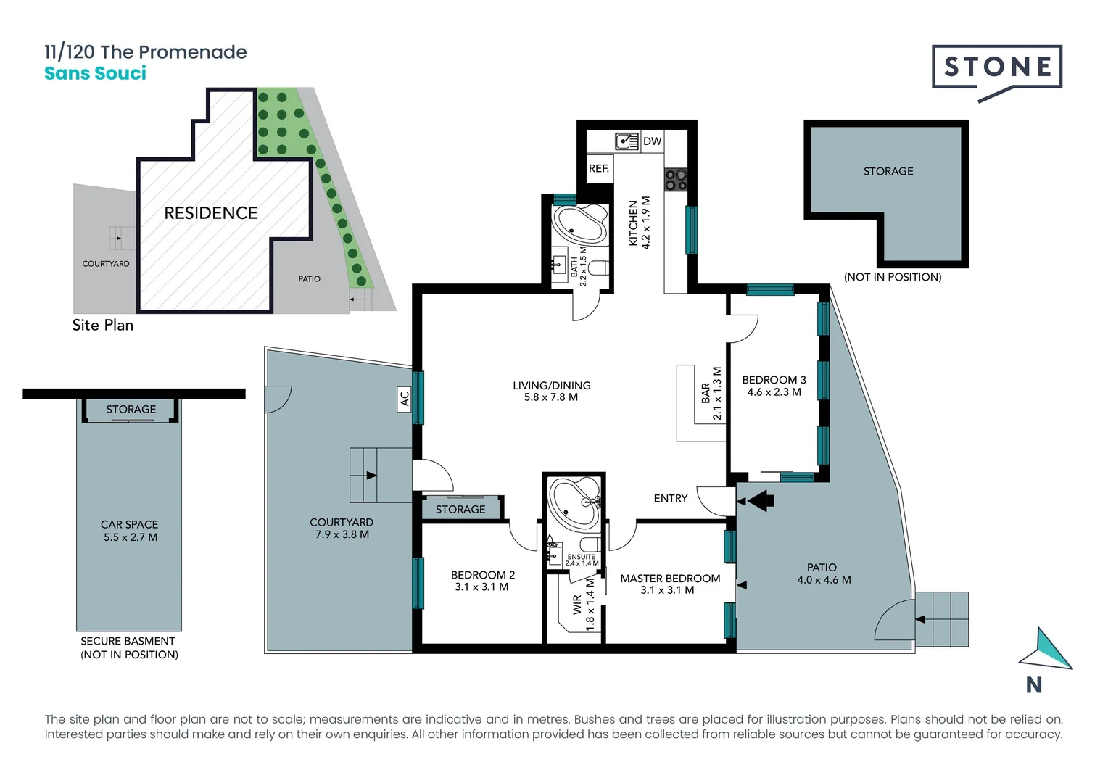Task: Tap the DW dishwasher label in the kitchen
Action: [x=652, y=141]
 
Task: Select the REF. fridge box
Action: [x=600, y=169]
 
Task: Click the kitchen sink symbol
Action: [x=627, y=141]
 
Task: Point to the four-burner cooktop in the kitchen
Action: [x=676, y=180]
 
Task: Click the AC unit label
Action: [x=405, y=399]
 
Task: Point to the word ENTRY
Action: [x=671, y=499]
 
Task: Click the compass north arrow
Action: [x=1046, y=650]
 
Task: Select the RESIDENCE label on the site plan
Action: [x=211, y=213]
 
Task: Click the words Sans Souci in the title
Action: [x=96, y=73]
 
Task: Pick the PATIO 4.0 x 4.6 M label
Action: [x=824, y=573]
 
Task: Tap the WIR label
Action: [x=578, y=605]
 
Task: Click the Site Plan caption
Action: [x=103, y=325]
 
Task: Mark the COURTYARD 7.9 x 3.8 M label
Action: [x=342, y=529]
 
